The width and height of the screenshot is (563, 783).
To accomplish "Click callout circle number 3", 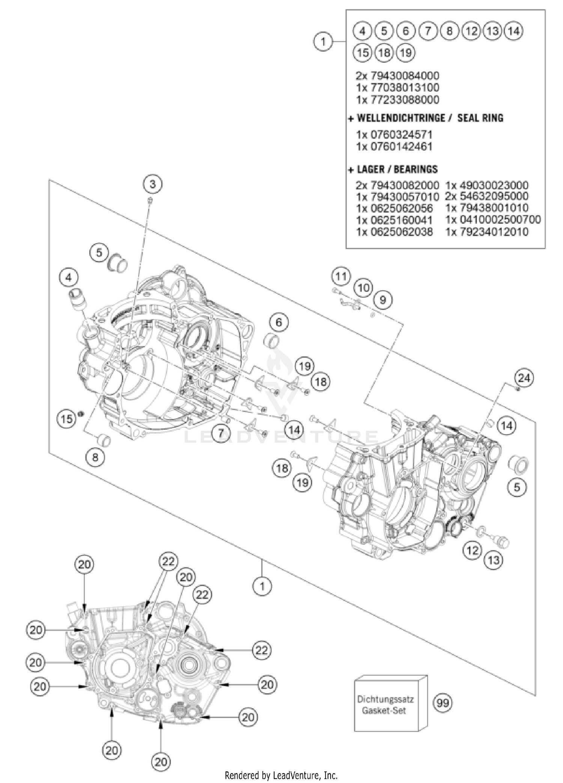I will pyautogui.click(x=152, y=184).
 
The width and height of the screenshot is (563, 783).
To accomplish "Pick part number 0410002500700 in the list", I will pyautogui.click(x=493, y=219).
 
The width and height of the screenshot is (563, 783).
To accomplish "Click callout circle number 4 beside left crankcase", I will pyautogui.click(x=68, y=278).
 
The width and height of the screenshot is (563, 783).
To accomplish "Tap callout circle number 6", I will pyautogui.click(x=278, y=322).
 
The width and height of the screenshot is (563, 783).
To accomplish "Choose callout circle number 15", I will pyautogui.click(x=67, y=419).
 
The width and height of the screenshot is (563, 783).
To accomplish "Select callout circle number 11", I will pyautogui.click(x=341, y=277).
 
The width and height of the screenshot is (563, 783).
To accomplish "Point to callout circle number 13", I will pyautogui.click(x=494, y=560).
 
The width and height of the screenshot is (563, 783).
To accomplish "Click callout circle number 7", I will pyautogui.click(x=221, y=433).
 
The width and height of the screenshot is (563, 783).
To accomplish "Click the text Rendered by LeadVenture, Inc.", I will pyautogui.click(x=281, y=775).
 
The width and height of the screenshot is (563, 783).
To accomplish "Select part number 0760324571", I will pyautogui.click(x=394, y=134).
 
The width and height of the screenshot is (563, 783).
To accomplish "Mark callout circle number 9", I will pyautogui.click(x=382, y=299).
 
